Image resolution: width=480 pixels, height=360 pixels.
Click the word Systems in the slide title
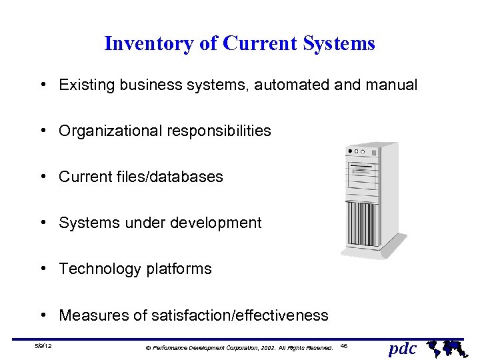coord(339,44)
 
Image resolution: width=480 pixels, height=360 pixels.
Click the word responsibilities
coord(218,131)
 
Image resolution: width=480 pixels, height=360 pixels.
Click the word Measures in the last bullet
coord(89,315)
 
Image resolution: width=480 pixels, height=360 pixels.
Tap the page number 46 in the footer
coord(344,346)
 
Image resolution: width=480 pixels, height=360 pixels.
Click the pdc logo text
coord(402,348)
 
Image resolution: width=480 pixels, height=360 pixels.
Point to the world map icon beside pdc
coord(444,347)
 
